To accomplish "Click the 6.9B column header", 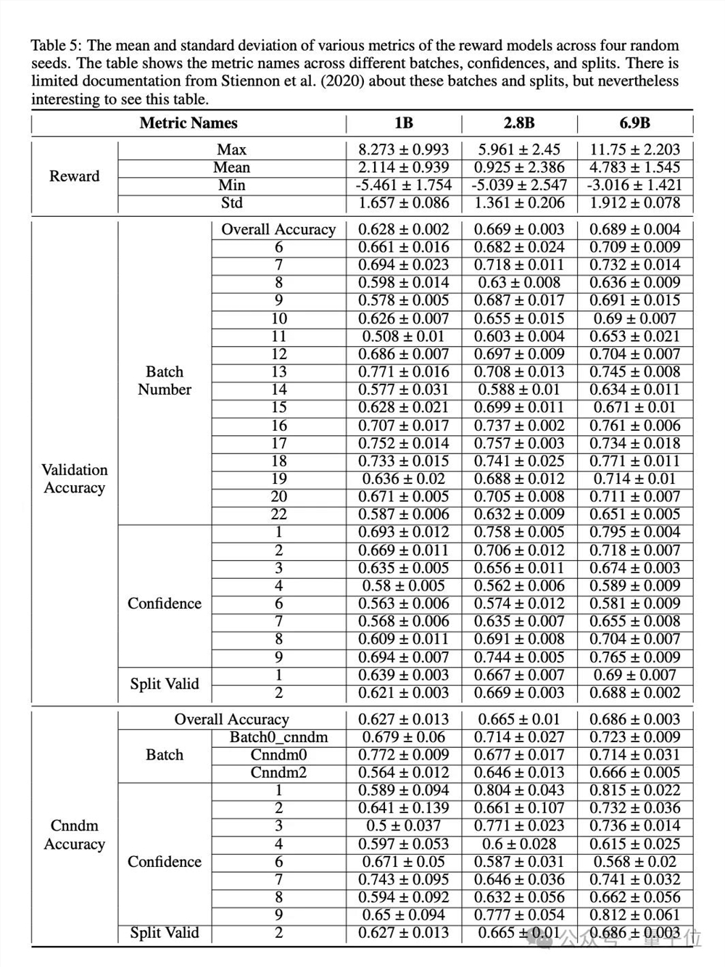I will coord(634,123).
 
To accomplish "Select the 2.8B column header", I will coord(519,123).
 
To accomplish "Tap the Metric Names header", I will coord(188,123).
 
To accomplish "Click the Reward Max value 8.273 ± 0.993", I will coord(404,149).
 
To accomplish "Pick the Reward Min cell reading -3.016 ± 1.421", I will coord(634,185).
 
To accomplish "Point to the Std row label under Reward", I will coord(231,203).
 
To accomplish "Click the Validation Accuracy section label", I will coord(74,479).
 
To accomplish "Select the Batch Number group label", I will coord(165,381).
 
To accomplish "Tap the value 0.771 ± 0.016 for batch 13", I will coord(404,372).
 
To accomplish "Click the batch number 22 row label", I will coord(278,514).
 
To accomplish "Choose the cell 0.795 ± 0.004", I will coord(634,532).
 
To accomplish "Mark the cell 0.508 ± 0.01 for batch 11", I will coord(404,337).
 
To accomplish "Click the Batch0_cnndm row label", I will coord(278,737).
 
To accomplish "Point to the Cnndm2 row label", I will coord(278,773).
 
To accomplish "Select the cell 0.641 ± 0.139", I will coord(404,808).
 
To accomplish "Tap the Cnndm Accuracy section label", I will coord(74,835).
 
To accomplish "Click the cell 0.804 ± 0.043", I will coord(519,790).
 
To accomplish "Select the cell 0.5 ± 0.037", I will coord(404,826).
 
